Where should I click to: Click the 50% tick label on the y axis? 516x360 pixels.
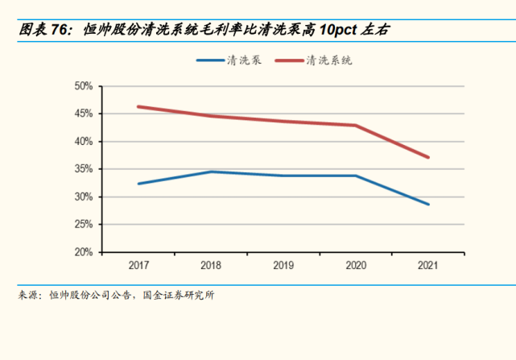84,86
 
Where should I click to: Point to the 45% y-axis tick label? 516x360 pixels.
84,114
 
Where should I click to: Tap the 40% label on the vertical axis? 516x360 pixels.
84,142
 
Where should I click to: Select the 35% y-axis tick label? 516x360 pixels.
84,169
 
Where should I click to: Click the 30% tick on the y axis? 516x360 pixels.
84,197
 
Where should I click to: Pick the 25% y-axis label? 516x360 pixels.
84,225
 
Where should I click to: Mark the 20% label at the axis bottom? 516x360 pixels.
84,252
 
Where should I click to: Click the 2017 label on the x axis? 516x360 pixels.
138,264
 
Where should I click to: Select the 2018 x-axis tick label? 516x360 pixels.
211,264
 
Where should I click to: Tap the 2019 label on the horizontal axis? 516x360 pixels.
284,264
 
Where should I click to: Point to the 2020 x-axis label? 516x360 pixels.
357,264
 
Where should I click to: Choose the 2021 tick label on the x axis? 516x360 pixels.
429,264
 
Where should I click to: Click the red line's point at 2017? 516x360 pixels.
138,106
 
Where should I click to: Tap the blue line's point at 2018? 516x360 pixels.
211,172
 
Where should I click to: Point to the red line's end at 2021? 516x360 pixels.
429,157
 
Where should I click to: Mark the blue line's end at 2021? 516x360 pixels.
429,205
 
